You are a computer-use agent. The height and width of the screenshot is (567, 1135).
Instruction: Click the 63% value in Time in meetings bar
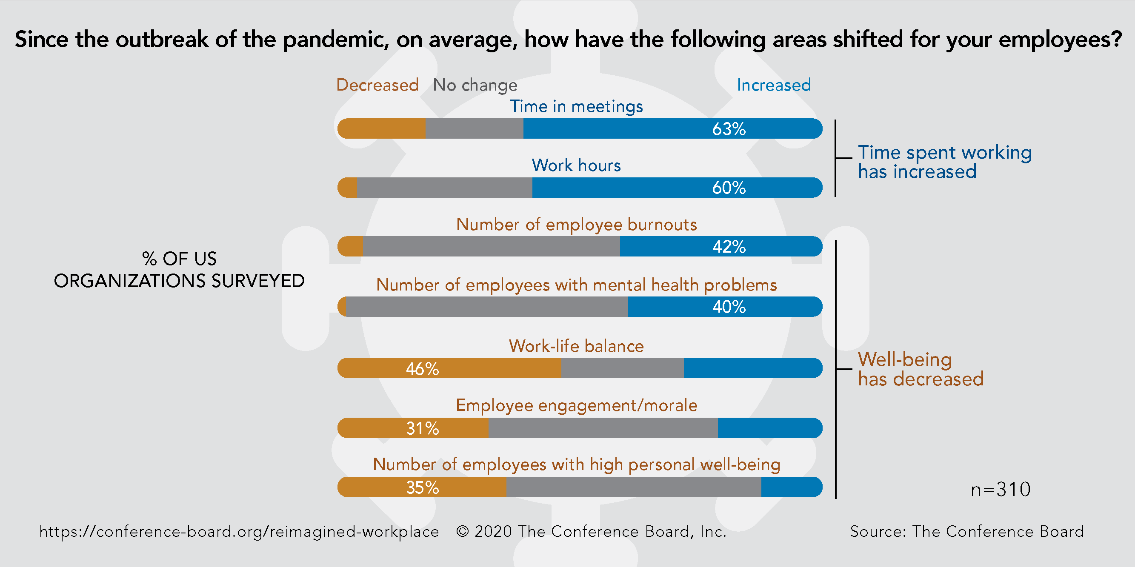(729, 129)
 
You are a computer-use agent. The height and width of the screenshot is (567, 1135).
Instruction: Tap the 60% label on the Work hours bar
(729, 188)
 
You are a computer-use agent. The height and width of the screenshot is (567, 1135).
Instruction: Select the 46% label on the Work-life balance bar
(422, 368)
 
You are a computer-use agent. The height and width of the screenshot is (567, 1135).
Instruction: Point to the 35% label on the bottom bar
(422, 487)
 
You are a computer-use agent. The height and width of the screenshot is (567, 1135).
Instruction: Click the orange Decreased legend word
(377, 85)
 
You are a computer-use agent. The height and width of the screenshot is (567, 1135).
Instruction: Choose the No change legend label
(475, 85)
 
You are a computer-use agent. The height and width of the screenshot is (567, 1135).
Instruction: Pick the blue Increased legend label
(774, 85)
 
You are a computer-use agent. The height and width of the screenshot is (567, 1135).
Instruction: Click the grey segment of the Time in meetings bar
(474, 129)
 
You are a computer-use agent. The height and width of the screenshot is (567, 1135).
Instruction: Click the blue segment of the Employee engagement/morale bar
(769, 428)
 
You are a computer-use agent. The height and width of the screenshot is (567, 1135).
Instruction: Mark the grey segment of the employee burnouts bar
(491, 247)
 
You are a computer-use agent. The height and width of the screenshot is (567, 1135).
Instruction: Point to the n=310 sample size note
(1000, 490)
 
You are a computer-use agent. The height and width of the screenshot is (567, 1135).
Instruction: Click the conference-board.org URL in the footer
(239, 532)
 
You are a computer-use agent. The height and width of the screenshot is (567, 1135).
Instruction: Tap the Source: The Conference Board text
(967, 532)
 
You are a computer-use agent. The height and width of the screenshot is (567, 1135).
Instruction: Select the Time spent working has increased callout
(944, 162)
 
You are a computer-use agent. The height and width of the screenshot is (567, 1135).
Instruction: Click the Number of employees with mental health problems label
(576, 285)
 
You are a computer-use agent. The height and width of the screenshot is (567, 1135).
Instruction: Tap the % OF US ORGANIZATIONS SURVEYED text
(179, 269)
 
